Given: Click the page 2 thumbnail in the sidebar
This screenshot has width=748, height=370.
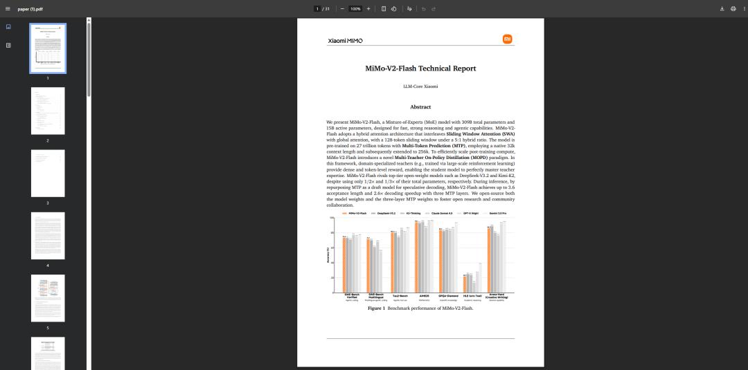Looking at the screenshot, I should [48, 111].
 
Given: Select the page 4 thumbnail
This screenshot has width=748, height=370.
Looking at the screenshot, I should [48, 236].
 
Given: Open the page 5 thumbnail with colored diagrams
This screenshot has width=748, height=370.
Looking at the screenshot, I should [48, 298].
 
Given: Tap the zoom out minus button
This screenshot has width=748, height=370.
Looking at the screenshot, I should [342, 9].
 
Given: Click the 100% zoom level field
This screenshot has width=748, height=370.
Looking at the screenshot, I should [355, 9].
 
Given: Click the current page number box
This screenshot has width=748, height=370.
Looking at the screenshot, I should [317, 9].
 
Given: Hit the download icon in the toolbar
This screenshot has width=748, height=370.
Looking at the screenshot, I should [722, 9].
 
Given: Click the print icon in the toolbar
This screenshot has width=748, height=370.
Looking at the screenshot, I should [733, 9].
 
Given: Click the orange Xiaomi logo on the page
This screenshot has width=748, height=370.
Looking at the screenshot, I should [508, 39].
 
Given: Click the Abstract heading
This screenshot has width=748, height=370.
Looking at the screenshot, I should [420, 107].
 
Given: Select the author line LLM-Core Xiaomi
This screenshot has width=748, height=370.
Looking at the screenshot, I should [420, 86].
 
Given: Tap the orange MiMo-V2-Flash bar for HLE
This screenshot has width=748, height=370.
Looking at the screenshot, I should [465, 284].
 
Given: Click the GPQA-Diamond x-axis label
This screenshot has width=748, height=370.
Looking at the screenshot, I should [448, 295].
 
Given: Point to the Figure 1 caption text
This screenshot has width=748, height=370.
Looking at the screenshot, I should [420, 308].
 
